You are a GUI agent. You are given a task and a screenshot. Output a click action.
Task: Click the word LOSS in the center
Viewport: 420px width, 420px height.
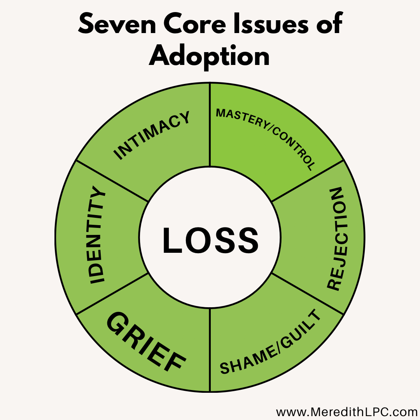click(210, 241)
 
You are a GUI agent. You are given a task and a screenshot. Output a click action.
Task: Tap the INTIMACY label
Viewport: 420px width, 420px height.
click(152, 135)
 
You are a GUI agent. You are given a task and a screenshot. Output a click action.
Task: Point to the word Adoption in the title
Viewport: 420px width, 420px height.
click(210, 56)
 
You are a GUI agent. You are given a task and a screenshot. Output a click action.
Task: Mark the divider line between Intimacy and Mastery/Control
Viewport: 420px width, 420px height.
click(210, 124)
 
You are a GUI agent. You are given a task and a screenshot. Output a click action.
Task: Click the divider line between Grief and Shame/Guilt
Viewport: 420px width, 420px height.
click(210, 350)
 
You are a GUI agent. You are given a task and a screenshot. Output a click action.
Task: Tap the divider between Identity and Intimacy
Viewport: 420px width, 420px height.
click(113, 181)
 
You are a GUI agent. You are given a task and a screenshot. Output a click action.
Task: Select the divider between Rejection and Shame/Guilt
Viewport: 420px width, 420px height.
click(307, 294)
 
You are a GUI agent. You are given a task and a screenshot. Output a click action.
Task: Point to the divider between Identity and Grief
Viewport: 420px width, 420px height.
click(113, 294)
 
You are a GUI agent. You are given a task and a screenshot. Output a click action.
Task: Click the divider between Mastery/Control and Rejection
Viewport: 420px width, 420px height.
click(307, 181)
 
